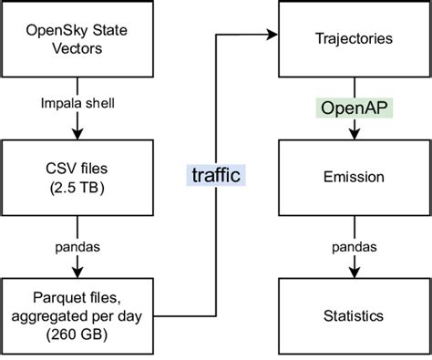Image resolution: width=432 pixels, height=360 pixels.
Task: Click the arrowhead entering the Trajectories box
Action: coord(273,36)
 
